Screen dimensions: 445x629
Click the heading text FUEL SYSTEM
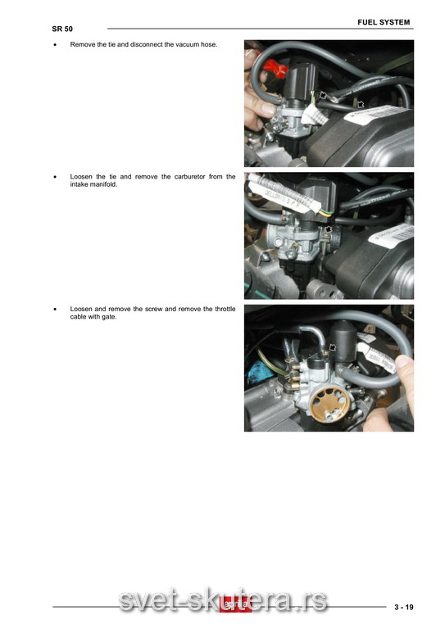point(384,22)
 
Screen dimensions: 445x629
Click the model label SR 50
point(62,29)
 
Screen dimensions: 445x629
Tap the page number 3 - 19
point(404,607)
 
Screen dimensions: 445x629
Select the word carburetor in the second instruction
point(190,177)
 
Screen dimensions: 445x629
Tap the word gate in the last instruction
point(109,317)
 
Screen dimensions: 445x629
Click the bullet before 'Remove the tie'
point(56,45)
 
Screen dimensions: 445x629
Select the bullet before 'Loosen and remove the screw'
point(56,310)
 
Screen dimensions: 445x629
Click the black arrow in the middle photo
point(329,229)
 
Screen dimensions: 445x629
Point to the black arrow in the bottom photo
point(333,346)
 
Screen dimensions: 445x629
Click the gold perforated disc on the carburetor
point(329,405)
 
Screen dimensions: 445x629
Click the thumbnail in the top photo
point(268,107)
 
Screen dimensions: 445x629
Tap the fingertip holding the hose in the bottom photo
point(403,363)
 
